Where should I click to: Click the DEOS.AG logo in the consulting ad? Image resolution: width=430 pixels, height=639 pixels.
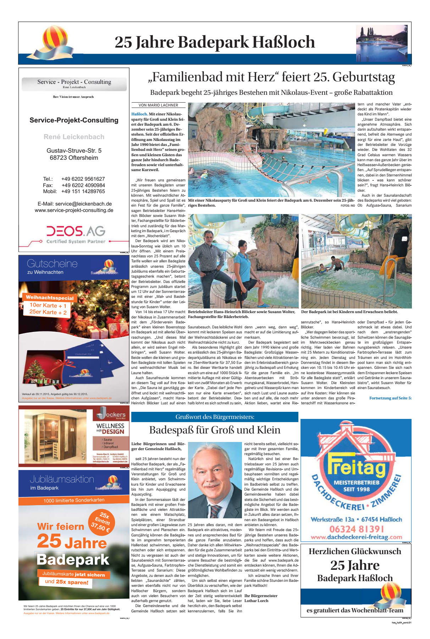pos(76,231)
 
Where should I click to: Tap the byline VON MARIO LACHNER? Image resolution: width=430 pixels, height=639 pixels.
pos(158,105)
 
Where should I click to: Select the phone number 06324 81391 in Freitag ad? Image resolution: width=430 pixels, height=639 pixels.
pos(357,529)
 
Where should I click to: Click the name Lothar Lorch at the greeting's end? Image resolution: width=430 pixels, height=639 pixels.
pos(256,601)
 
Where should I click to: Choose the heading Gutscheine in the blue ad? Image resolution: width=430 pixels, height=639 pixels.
pos(52,263)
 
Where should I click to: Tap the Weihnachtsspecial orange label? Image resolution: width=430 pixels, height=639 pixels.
pos(50,298)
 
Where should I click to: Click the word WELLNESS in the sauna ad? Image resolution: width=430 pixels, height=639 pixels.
pos(110,426)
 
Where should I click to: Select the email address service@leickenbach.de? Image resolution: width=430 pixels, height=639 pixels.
pos(83,204)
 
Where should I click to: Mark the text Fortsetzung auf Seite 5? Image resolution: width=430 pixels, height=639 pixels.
pos(390,398)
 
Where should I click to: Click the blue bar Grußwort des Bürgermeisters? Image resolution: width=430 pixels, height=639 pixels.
pos(215,417)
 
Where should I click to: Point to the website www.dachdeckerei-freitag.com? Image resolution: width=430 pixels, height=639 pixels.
pos(356,537)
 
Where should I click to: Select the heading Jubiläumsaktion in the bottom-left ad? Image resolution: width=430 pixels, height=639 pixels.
pos(62,479)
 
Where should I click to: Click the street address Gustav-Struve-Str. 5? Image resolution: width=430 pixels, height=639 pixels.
pos(74,151)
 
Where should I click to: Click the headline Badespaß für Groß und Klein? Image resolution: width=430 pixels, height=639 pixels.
pos(215,430)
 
